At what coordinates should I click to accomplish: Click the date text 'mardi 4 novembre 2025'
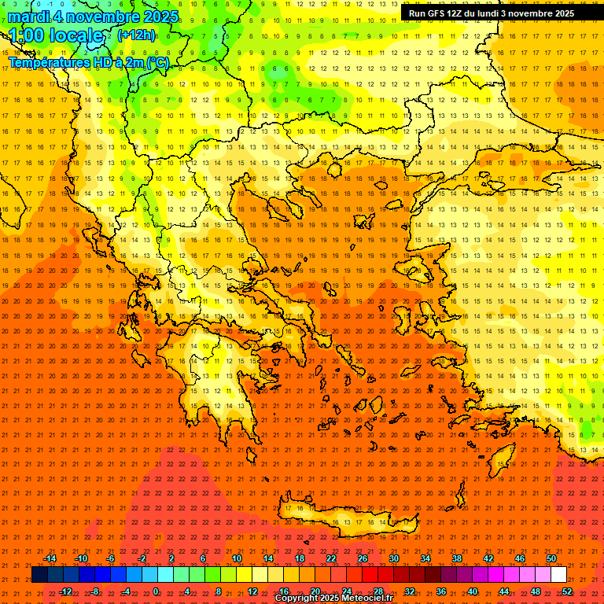(94, 17)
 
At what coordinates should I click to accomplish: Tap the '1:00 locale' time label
(56, 35)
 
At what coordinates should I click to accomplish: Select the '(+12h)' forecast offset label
(136, 35)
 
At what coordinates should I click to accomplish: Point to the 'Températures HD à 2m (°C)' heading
(88, 62)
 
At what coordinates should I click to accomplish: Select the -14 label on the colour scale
(50, 558)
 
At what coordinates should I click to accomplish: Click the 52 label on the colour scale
(566, 591)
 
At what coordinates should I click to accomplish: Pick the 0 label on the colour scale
(156, 591)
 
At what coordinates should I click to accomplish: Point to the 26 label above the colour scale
(363, 558)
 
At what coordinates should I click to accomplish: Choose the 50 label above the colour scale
(551, 558)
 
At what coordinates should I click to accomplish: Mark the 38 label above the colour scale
(457, 558)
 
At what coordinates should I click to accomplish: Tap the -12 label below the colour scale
(65, 591)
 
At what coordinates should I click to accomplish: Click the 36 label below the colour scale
(441, 591)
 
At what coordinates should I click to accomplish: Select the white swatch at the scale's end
(559, 575)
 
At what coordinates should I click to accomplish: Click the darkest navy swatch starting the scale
(39, 575)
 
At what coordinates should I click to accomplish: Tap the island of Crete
(346, 515)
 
